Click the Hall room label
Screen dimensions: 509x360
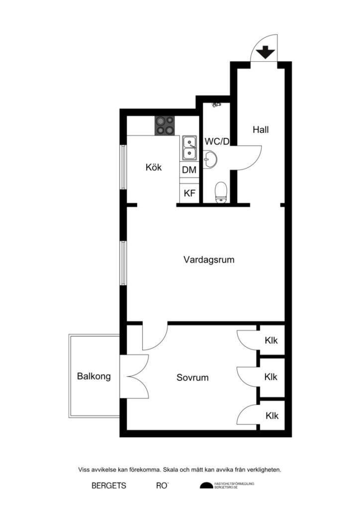261,130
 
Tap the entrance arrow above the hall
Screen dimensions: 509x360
265,52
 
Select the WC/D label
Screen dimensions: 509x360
217,142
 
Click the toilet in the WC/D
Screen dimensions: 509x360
221,192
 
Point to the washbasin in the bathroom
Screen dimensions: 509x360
210,160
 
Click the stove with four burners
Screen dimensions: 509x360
166,125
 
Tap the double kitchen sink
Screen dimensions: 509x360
189,148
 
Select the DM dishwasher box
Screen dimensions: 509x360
189,170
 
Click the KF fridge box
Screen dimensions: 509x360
189,193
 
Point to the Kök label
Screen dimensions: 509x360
154,168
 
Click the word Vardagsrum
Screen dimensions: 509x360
209,259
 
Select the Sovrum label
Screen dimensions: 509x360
192,378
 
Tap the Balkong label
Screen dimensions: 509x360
94,377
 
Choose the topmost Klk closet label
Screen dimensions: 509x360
271,340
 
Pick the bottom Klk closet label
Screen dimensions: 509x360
271,416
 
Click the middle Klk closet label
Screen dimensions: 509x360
271,377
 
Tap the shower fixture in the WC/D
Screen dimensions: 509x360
216,105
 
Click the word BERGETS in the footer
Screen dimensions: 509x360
109,486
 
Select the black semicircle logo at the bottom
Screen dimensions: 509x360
206,486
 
